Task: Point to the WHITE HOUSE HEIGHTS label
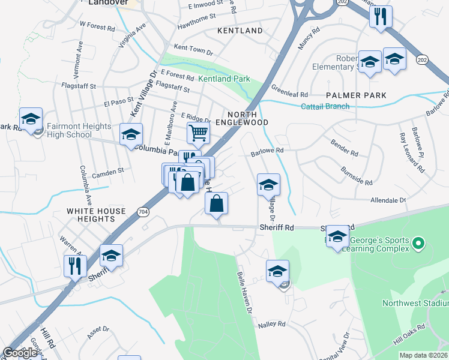pos(96,215)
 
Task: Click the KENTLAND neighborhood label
pos(240,31)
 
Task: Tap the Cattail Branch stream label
pos(325,106)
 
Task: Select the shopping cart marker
pos(197,132)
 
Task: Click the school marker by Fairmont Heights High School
pos(31,118)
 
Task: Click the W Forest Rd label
pos(97,27)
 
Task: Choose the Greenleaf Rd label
pos(289,94)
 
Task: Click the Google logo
pos(20,353)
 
